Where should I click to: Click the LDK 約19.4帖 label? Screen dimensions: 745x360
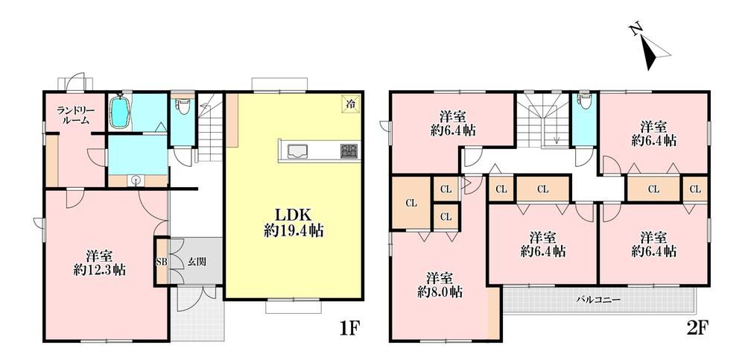click(x=294, y=223)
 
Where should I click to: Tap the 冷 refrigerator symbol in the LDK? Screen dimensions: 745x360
click(x=350, y=103)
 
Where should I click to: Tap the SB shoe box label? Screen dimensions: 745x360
click(x=162, y=262)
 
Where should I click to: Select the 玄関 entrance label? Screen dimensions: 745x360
click(x=197, y=262)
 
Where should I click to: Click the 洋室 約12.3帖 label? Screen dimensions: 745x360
click(x=100, y=263)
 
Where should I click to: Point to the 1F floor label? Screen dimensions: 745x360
click(x=351, y=328)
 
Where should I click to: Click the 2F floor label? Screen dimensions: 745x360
click(x=697, y=328)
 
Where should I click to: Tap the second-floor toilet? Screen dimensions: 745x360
click(x=583, y=101)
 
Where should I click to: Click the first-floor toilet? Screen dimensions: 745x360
click(x=182, y=104)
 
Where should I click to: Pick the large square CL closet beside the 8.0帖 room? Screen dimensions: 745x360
click(x=411, y=203)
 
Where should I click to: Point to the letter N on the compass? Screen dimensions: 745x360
click(x=635, y=30)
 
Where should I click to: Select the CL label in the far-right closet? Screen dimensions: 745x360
click(x=695, y=189)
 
